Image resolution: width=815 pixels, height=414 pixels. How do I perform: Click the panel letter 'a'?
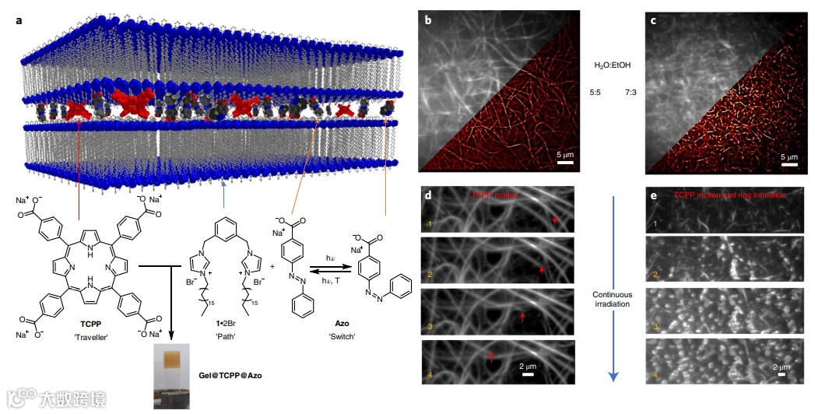tap(19, 19)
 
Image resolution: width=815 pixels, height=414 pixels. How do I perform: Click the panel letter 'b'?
tap(427, 21)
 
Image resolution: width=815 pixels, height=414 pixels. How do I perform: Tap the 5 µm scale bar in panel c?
tap(789, 163)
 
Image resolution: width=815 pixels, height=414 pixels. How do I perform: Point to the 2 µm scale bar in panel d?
tap(528, 375)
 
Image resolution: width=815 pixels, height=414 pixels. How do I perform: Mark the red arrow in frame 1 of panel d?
tap(554, 222)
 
